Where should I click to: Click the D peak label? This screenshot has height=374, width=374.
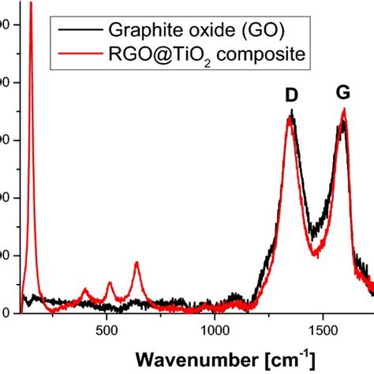[x=291, y=95]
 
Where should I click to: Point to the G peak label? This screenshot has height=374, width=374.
[x=343, y=93]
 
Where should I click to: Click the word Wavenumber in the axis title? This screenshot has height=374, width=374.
[x=185, y=357]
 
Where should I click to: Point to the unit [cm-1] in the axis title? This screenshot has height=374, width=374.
[x=278, y=356]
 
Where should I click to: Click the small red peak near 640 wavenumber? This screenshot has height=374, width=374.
[x=137, y=263]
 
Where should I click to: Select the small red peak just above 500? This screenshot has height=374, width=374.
[x=110, y=282]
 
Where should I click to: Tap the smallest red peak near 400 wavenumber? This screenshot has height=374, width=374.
[x=86, y=290]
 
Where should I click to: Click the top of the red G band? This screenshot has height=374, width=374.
[x=343, y=110]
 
